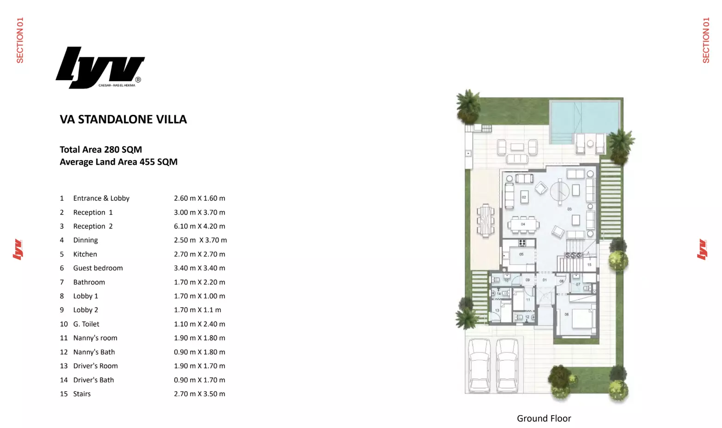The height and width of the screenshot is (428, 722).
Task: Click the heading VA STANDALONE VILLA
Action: [123, 119]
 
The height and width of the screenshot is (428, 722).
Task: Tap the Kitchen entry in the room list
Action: [85, 254]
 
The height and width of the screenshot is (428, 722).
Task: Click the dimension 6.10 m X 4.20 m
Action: [199, 226]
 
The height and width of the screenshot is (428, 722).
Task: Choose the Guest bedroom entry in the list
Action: [98, 268]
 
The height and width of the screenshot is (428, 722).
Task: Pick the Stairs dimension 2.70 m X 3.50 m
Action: [199, 394]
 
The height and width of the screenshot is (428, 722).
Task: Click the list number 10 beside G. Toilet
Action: [64, 324]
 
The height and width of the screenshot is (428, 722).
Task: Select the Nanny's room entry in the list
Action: [95, 338]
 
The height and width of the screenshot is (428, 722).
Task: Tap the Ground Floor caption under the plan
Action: [544, 418]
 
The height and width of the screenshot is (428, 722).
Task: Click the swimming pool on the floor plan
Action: [583, 118]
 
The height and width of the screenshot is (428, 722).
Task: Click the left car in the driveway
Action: [479, 365]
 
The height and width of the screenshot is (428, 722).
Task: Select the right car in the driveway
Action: [507, 365]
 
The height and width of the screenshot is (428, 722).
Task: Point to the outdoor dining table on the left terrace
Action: [485, 220]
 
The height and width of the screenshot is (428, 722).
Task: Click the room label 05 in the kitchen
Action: [521, 254]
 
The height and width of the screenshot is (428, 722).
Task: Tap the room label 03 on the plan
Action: [569, 209]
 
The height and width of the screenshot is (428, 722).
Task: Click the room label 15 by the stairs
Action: [589, 265]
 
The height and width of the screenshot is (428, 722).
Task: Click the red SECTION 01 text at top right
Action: [705, 40]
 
